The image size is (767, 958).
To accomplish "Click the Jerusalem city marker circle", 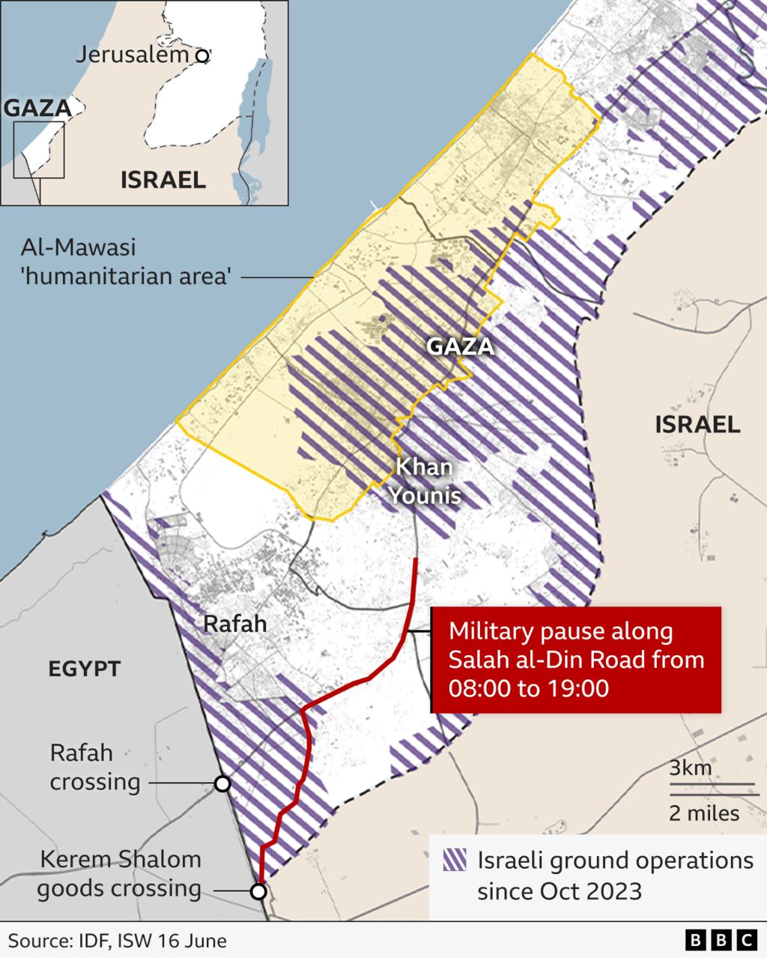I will click(x=201, y=55).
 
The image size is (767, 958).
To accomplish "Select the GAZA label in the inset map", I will click(x=37, y=108).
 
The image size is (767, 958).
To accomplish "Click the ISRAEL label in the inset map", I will click(x=163, y=180).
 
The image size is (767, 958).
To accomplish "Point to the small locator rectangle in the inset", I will click(x=39, y=150).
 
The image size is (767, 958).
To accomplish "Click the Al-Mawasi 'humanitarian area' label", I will click(x=124, y=262).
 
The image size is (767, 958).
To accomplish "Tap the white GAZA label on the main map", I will click(x=461, y=346).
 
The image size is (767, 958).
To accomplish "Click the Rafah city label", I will click(x=235, y=624).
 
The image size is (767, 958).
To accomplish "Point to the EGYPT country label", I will click(x=85, y=669).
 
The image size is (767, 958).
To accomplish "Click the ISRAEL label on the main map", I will click(x=697, y=425).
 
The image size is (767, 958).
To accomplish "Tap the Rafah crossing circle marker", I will click(x=222, y=783).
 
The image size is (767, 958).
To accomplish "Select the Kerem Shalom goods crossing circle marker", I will click(x=258, y=891).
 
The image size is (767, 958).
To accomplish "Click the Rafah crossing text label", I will click(x=94, y=767).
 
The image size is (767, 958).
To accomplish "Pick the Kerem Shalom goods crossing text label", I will click(x=120, y=874).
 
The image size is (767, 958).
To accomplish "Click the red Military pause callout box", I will click(x=576, y=660).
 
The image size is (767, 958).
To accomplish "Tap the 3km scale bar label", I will click(x=691, y=768).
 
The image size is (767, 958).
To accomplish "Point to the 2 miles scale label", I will click(x=704, y=813).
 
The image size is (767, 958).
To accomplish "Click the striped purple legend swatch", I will click(x=455, y=860).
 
